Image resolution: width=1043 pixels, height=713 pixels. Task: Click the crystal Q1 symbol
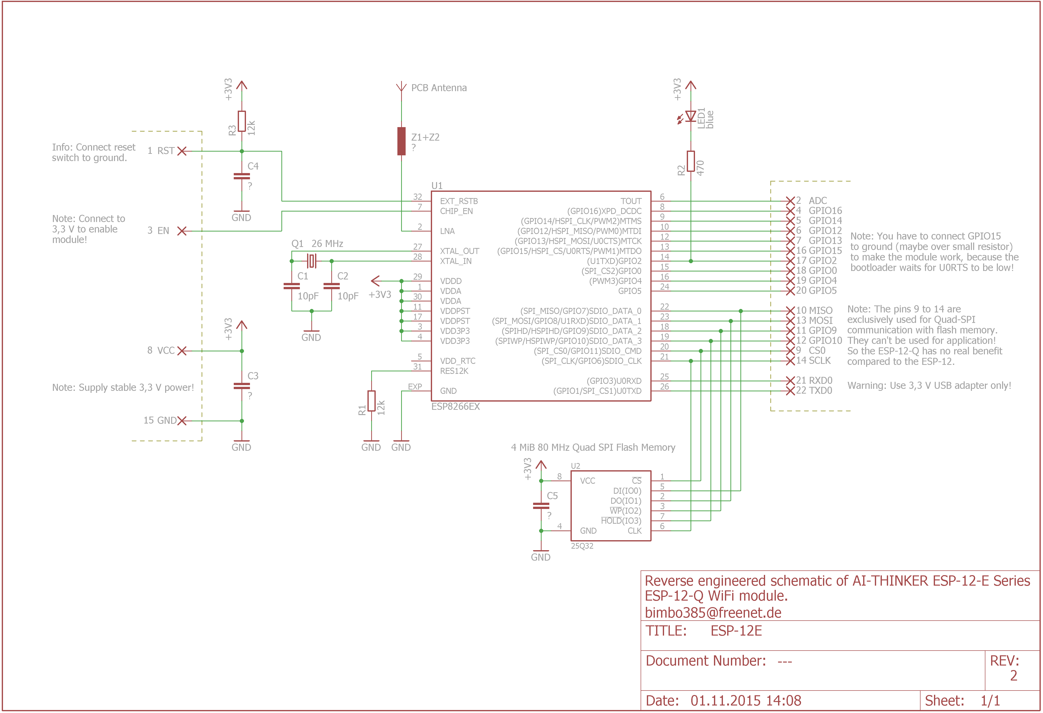pyautogui.click(x=312, y=260)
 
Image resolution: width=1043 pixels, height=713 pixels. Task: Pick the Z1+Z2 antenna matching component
pyautogui.click(x=401, y=141)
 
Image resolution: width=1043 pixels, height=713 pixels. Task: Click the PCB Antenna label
pyautogui.click(x=439, y=88)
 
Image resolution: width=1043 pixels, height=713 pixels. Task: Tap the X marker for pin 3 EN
pyautogui.click(x=182, y=231)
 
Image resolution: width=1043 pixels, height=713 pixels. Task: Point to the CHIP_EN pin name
pyautogui.click(x=456, y=211)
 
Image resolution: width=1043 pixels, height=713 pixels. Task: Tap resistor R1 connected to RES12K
pyautogui.click(x=371, y=401)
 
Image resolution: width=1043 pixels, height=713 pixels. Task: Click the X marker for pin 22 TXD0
pyautogui.click(x=790, y=391)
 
